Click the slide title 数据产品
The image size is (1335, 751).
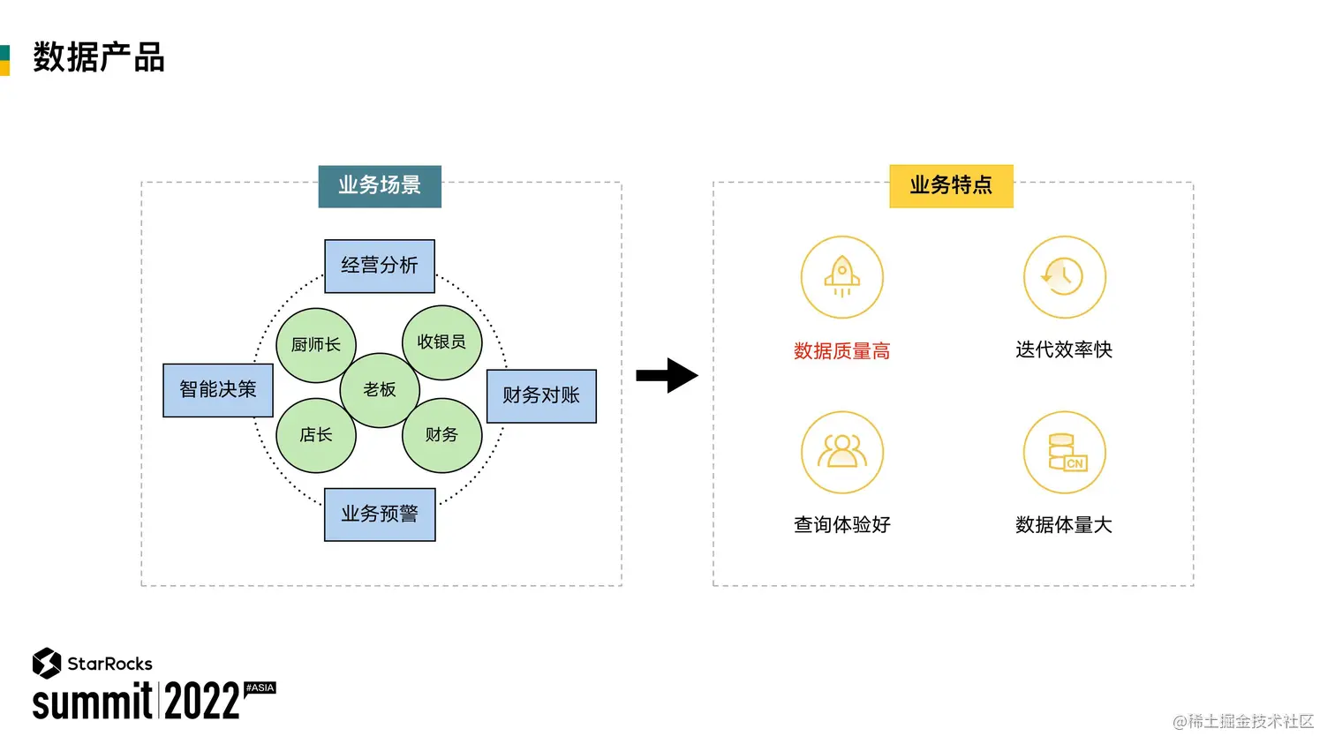click(x=99, y=57)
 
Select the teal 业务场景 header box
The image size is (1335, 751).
click(x=380, y=186)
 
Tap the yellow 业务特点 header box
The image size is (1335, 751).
click(x=951, y=186)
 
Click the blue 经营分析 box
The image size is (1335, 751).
click(x=380, y=266)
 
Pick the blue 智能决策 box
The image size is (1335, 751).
click(x=218, y=390)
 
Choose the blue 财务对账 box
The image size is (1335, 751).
click(x=541, y=396)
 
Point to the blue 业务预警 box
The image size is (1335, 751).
click(x=380, y=514)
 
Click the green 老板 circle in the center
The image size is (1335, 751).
click(x=380, y=390)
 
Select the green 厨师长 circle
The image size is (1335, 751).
click(x=315, y=345)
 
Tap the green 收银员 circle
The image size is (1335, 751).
click(x=441, y=342)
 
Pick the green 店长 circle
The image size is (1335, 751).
click(x=315, y=435)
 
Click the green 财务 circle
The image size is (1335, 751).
click(x=441, y=435)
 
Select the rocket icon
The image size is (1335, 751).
click(x=841, y=277)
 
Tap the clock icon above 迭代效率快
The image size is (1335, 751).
click(x=1064, y=277)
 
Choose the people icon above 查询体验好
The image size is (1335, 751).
click(x=841, y=452)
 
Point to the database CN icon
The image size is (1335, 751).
click(x=1065, y=452)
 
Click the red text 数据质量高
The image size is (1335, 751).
click(x=841, y=351)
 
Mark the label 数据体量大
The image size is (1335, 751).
click(x=1064, y=525)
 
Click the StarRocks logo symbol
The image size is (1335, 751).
click(x=46, y=663)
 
